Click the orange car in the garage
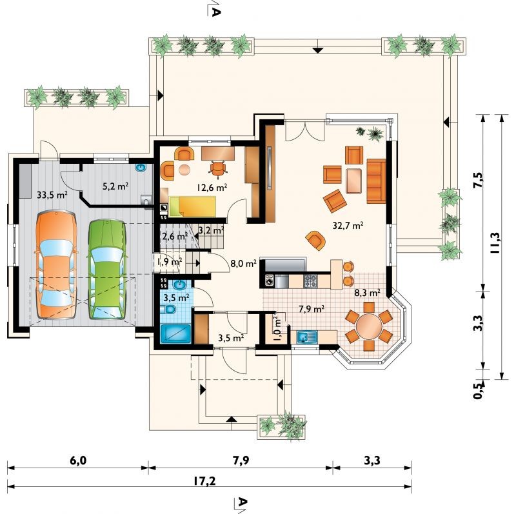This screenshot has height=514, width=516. tap(56, 265)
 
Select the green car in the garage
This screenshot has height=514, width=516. tap(106, 269)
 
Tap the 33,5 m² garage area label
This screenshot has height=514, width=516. tap(52, 195)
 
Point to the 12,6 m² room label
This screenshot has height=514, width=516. tap(212, 188)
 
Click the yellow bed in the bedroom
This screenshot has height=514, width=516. tap(192, 206)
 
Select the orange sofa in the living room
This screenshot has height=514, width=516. tap(376, 181)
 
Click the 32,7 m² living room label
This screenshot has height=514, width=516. tap(348, 226)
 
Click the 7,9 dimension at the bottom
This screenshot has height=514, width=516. tap(241, 460)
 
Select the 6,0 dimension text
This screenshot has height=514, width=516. tap(78, 460)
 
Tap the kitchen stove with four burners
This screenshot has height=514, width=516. tap(310, 281)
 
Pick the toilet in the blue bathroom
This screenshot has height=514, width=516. tap(168, 310)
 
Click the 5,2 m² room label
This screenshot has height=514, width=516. tap(115, 186)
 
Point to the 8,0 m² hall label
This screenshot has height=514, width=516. tap(243, 264)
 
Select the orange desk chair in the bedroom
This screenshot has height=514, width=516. tap(217, 168)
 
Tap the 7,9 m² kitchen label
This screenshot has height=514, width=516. tap(312, 309)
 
